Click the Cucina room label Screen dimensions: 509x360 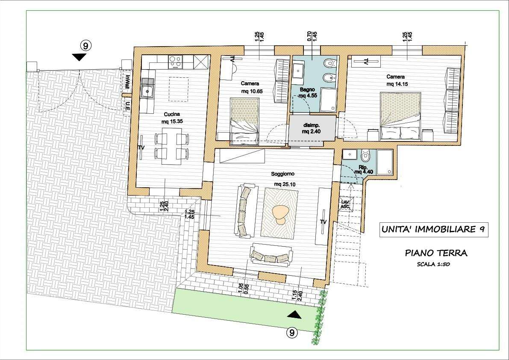[172, 114]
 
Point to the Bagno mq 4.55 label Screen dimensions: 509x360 [308, 92]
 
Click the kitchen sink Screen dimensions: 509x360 [148, 91]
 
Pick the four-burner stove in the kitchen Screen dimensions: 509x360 [175, 62]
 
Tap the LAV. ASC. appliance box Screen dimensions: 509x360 [345, 204]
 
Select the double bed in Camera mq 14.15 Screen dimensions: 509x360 [400, 117]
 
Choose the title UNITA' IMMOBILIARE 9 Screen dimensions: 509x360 [434, 230]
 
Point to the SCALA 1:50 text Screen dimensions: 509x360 [433, 264]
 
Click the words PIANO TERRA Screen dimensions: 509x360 [436, 253]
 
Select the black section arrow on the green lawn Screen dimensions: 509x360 [294, 314]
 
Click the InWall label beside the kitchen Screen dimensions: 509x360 [128, 82]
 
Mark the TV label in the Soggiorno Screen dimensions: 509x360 [323, 222]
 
